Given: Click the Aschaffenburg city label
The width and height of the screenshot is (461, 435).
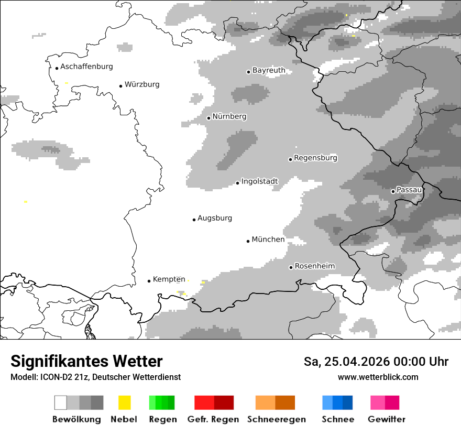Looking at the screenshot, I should [x=86, y=67].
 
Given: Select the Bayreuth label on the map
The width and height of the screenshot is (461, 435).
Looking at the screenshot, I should [x=269, y=70].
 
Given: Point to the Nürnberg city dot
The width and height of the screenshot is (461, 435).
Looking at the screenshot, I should [x=208, y=118].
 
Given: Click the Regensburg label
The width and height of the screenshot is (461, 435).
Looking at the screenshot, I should [x=315, y=158].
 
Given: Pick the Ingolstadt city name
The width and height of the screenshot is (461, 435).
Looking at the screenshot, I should [x=259, y=181].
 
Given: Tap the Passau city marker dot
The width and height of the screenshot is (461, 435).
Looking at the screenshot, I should [x=393, y=191].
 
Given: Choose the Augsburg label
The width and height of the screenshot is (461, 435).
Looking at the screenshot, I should [x=215, y=218].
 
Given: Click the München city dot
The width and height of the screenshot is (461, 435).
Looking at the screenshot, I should [x=248, y=241].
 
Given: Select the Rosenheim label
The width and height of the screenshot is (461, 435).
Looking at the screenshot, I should [x=314, y=266].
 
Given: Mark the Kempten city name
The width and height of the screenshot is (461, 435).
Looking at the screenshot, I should [x=169, y=279].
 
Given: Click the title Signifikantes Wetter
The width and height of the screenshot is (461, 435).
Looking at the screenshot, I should [x=86, y=362].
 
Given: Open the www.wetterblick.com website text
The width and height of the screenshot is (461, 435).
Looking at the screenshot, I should [x=378, y=377].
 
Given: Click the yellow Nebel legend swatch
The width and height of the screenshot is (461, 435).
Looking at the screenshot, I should [x=124, y=403].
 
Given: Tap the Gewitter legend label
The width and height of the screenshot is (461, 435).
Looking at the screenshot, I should [x=386, y=419].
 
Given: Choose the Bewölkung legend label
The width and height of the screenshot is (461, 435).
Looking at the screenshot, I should [x=76, y=419].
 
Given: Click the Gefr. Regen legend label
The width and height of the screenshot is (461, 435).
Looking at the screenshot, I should [x=213, y=419].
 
